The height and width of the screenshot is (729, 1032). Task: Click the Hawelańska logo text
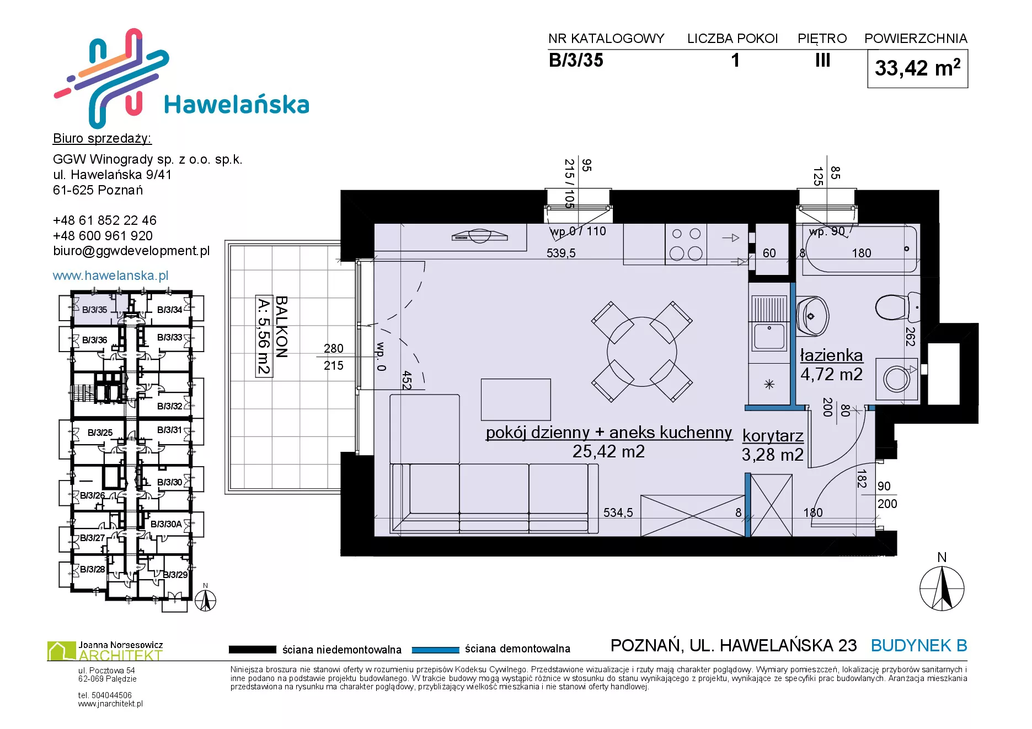click(237, 105)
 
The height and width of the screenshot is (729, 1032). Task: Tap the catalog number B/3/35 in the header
click(576, 60)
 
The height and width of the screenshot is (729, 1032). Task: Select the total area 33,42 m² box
click(917, 68)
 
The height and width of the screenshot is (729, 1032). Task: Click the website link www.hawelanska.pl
click(110, 276)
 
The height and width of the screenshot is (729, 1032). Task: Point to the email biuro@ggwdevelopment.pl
click(131, 251)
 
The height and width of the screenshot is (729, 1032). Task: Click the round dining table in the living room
click(641, 352)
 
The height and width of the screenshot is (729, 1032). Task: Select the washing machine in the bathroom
click(897, 379)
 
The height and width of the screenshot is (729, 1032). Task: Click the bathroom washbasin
click(812, 316)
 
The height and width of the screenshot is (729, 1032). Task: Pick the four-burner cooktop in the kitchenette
click(686, 244)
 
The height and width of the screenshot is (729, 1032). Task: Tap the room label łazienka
click(831, 355)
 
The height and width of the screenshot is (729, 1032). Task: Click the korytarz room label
click(773, 435)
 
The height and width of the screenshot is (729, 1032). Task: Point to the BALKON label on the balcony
click(281, 327)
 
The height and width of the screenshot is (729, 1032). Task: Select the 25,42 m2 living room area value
click(608, 451)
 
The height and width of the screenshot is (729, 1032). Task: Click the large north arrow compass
click(942, 588)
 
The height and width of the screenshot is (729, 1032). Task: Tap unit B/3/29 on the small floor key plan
click(175, 575)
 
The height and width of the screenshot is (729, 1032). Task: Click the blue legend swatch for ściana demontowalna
click(436, 650)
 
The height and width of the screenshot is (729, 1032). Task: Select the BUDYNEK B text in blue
click(919, 645)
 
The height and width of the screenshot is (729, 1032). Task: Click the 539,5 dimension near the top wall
click(561, 253)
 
